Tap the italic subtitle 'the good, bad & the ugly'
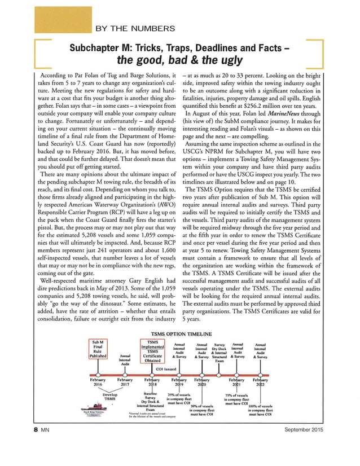coord(179,60)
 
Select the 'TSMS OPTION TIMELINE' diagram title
coord(179,334)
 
